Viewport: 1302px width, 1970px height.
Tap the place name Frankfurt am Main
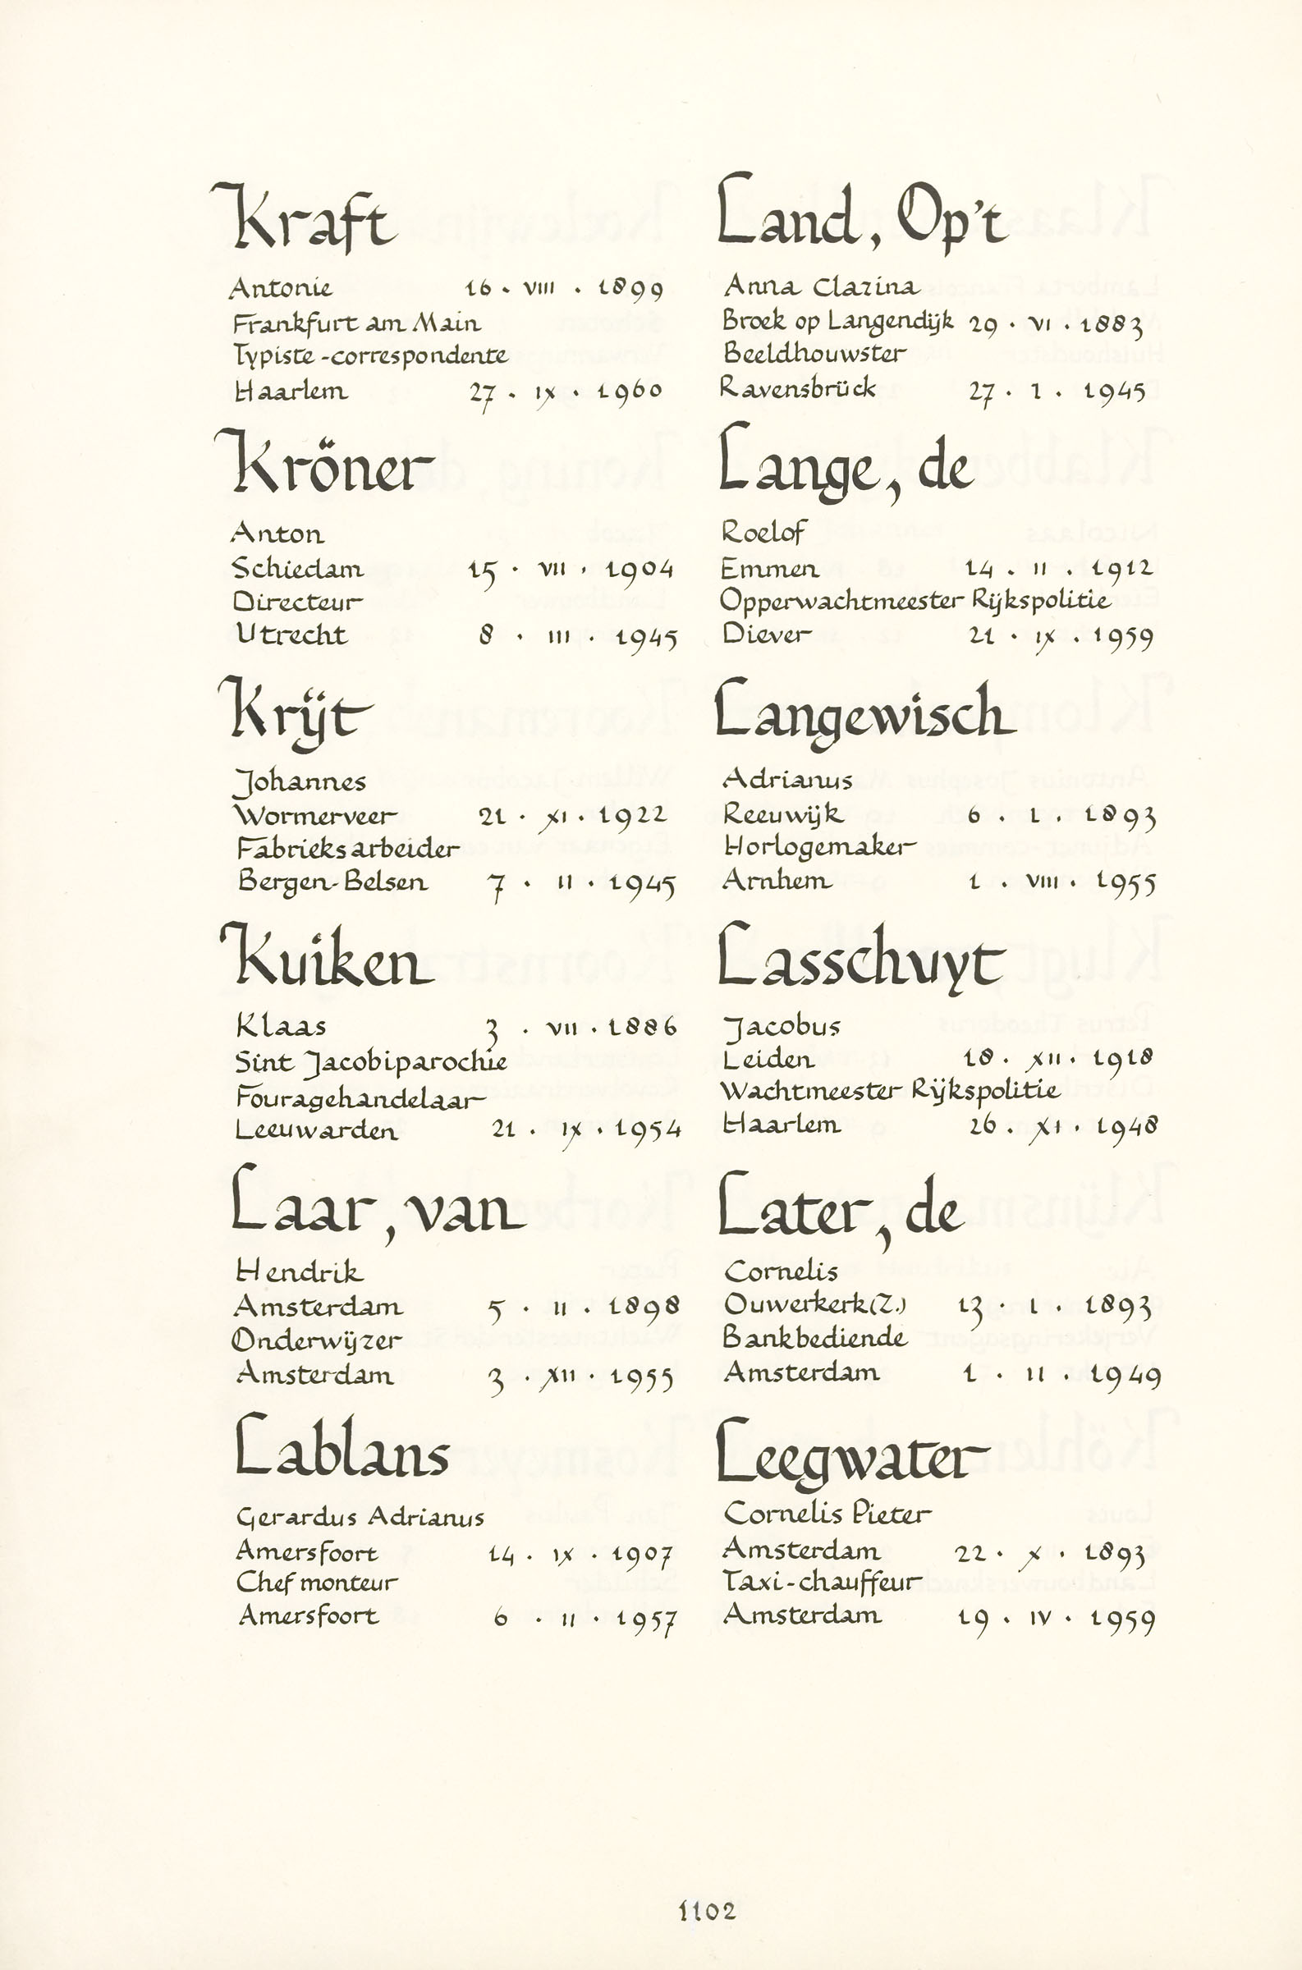coord(356,323)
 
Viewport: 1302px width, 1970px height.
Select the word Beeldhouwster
coord(814,354)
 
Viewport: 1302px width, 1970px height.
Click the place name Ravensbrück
coord(797,387)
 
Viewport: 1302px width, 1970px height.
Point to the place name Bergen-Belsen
coord(332,882)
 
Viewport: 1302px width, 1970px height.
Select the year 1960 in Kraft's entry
coord(630,391)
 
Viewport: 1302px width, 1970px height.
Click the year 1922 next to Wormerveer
coord(633,816)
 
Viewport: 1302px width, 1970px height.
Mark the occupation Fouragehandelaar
coord(360,1098)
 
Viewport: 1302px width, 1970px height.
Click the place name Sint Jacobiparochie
coord(370,1063)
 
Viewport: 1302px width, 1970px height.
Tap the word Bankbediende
coord(814,1337)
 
